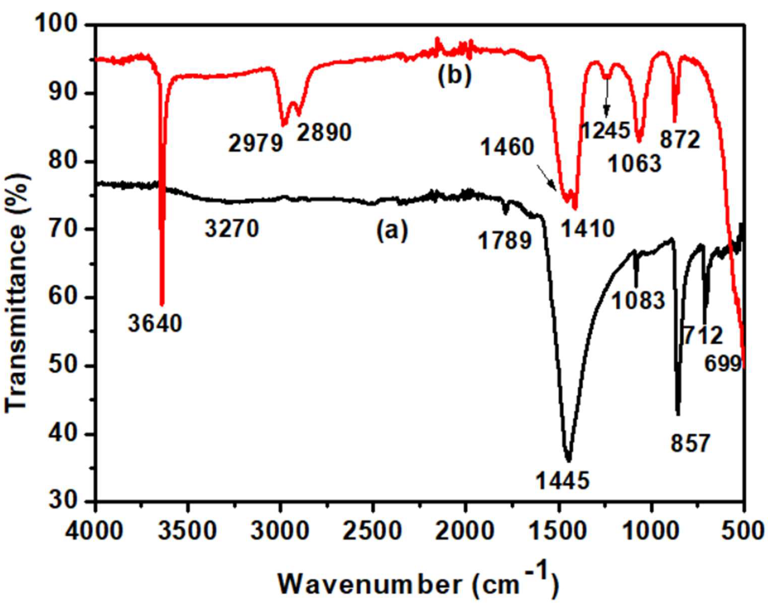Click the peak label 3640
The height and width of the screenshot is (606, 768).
[x=155, y=324]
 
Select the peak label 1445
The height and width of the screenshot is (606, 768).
[x=562, y=480]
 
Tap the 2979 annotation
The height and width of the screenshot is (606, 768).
[x=255, y=143]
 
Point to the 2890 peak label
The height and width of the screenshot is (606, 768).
[x=324, y=132]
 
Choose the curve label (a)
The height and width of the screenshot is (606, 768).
[x=392, y=231]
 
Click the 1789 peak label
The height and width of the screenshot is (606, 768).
[x=505, y=241]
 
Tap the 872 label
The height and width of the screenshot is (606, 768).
[x=680, y=140]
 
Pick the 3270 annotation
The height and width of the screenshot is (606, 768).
[x=232, y=229]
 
